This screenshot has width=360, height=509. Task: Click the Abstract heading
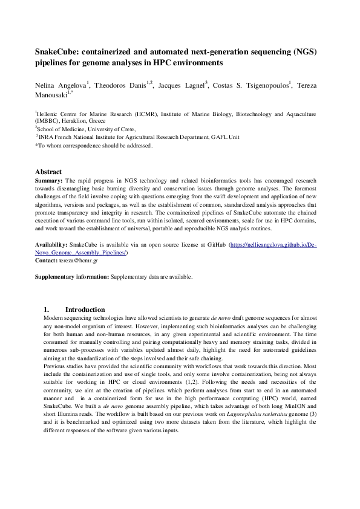point(48,172)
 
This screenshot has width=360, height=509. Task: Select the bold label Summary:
point(48,180)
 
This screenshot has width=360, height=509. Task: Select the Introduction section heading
point(85,310)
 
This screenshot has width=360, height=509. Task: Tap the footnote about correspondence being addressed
point(94,146)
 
